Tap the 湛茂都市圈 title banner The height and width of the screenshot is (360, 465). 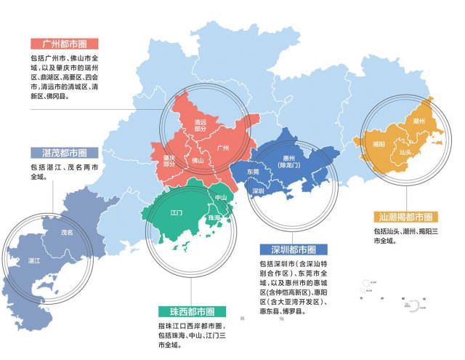click(x=60, y=153)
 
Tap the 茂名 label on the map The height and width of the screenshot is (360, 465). click(x=67, y=233)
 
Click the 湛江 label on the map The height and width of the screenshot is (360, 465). click(x=34, y=260)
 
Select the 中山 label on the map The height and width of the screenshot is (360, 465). click(x=221, y=198)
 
